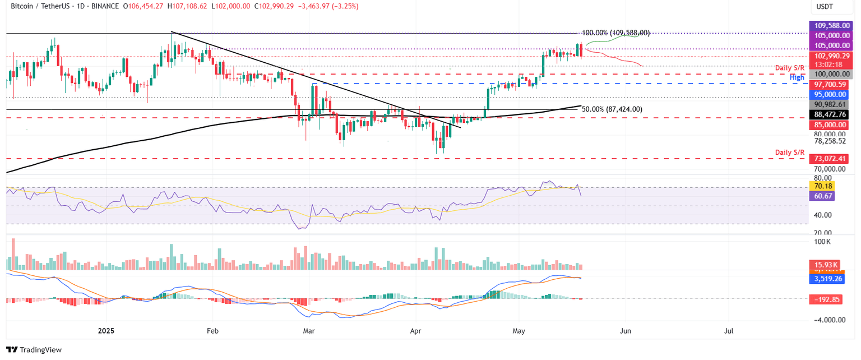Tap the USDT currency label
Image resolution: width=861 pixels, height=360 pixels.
pos(824,6)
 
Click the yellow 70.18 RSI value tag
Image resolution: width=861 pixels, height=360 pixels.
pos(822,186)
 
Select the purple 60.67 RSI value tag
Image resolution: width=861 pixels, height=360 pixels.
pos(822,196)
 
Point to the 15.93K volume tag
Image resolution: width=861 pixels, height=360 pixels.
pos(823,264)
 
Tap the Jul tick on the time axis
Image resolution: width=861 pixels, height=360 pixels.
pos(729,331)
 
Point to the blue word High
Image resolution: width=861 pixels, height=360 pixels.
pos(797,77)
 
